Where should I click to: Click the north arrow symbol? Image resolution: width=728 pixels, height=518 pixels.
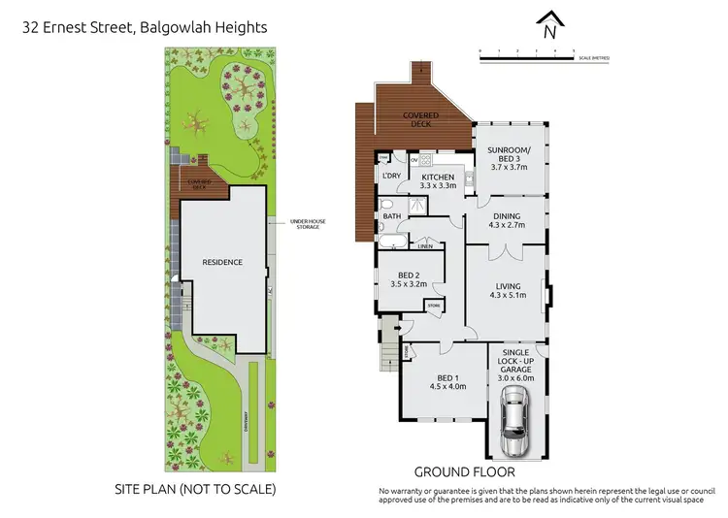click(x=550, y=26)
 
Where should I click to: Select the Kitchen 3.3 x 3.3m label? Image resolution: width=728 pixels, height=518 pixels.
click(x=438, y=181)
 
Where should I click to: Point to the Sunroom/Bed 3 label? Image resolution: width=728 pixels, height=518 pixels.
click(x=510, y=161)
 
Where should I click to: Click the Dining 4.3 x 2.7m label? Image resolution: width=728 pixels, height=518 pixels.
click(x=506, y=220)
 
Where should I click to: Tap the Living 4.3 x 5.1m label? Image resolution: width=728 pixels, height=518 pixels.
click(x=508, y=291)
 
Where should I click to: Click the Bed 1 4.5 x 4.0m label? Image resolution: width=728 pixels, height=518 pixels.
click(x=448, y=381)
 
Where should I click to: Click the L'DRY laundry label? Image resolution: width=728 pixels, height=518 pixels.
click(x=392, y=176)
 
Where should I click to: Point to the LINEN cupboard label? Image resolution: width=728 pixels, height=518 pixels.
click(x=424, y=246)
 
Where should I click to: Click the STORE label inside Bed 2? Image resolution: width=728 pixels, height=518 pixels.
click(x=432, y=306)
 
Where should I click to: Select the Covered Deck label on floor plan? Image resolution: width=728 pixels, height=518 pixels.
click(x=421, y=119)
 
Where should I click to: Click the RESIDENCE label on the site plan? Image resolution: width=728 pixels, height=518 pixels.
click(x=221, y=262)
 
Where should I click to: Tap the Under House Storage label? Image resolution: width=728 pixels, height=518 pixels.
click(x=305, y=224)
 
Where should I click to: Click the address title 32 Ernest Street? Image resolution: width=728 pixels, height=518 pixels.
click(x=145, y=28)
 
